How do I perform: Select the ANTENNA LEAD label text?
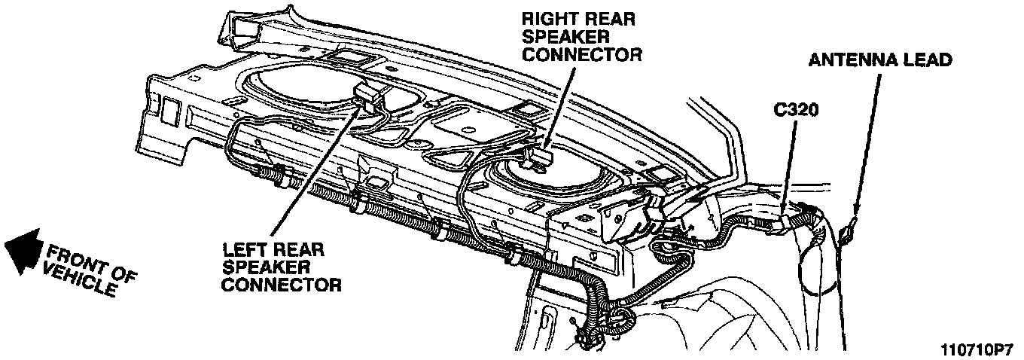[x=880, y=59]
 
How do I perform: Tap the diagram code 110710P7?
[x=976, y=350]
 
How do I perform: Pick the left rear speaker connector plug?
[x=367, y=96]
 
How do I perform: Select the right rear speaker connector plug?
[x=541, y=157]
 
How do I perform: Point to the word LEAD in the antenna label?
[x=928, y=59]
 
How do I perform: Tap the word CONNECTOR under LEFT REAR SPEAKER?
[x=282, y=285]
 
